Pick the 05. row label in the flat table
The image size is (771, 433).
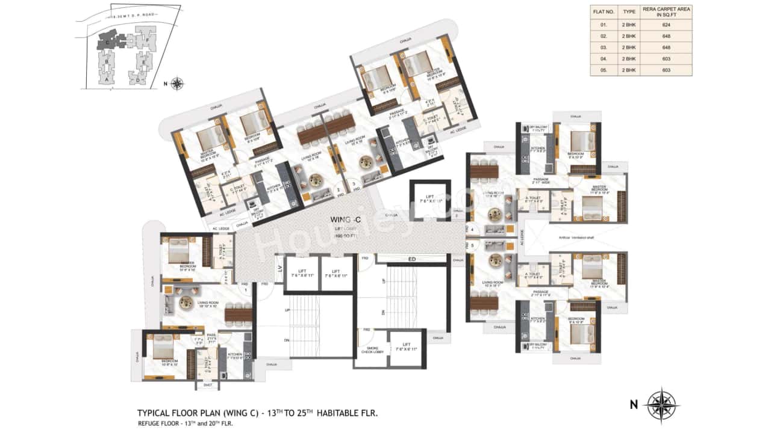pos(604,70)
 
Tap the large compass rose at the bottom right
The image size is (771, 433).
pos(661,404)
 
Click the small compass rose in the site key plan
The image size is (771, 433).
pos(177,84)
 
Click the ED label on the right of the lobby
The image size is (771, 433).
pos(412,259)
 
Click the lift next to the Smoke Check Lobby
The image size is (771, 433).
pos(407,349)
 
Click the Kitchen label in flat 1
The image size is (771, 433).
pos(235,355)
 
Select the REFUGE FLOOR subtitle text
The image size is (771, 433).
pos(158,423)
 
